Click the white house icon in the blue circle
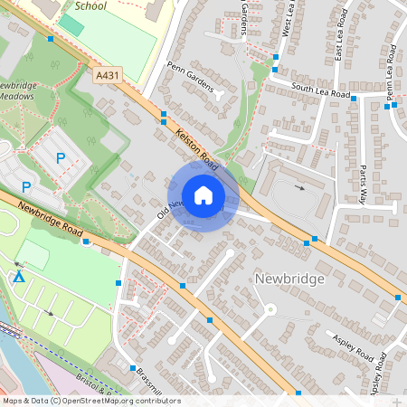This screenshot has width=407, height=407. [203, 194]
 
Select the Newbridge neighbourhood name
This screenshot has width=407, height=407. [289, 279]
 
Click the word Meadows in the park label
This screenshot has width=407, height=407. [16, 95]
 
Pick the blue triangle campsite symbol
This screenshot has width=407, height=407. [19, 275]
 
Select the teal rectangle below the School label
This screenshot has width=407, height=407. [71, 25]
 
